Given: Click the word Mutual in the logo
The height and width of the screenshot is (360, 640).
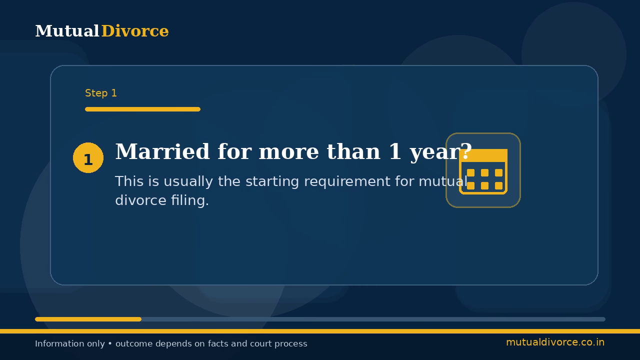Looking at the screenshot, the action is coord(67,31).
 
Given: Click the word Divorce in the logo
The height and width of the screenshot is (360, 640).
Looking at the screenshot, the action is coord(135,31).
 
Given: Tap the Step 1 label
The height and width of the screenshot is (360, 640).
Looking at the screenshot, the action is coord(101,93).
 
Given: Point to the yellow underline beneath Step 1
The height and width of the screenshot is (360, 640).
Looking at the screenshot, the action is coord(142,109).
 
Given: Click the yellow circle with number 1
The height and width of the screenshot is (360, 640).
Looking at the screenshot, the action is coord(88,157).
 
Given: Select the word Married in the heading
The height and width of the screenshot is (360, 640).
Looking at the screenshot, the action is coord(162,151).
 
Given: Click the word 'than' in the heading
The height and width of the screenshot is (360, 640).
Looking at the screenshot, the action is coord(353,151).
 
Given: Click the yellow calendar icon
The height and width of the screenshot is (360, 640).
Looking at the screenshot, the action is coord(483,171).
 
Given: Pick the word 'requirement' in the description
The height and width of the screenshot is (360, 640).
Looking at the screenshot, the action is coord(347,181).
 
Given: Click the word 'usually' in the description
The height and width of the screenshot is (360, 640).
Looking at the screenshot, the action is coord(188,181).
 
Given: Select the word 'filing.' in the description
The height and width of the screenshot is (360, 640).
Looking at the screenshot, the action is coord(190,200).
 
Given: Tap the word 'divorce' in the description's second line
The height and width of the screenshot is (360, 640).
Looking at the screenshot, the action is coord(141,200).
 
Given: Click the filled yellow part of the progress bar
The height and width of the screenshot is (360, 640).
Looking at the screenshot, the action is coord(88,319).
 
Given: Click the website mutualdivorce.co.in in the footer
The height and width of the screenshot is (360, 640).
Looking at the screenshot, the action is coord(555,342).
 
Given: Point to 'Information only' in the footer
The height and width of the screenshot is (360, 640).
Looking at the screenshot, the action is coord(70,343).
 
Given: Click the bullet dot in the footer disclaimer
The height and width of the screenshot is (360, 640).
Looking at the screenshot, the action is coord(110,343).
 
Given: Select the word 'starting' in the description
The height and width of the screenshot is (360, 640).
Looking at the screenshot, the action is coord(272,181).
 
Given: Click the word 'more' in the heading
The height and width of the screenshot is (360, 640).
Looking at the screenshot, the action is coord(289,151).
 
